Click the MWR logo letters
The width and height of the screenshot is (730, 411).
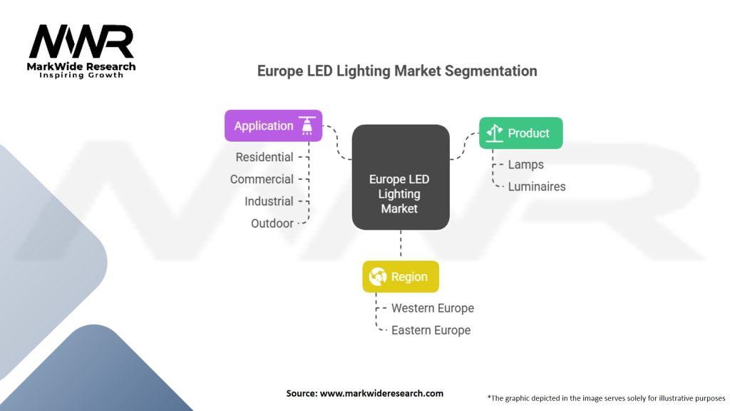point(81,43)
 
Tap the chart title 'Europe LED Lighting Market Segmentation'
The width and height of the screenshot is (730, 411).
point(397,71)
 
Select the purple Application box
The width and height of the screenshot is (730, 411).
point(273,126)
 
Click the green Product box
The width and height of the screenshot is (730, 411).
point(520,133)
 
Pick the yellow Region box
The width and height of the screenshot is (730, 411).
point(401,277)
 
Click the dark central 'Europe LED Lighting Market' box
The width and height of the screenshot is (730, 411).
point(400,178)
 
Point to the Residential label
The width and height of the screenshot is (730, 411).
point(264,157)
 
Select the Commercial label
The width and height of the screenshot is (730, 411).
point(262,179)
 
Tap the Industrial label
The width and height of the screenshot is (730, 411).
point(269,201)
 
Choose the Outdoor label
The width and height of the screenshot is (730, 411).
point(272,223)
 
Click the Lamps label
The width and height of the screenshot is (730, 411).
point(525,165)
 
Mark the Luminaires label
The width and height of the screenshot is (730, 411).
point(536,187)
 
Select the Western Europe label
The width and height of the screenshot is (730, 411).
point(432,308)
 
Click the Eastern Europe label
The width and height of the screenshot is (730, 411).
point(431,330)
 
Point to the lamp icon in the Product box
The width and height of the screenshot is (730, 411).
point(495,133)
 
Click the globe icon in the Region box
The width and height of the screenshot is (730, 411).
point(378,277)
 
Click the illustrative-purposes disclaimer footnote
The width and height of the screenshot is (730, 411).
point(606,397)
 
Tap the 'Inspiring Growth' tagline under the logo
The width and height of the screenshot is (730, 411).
point(81,75)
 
